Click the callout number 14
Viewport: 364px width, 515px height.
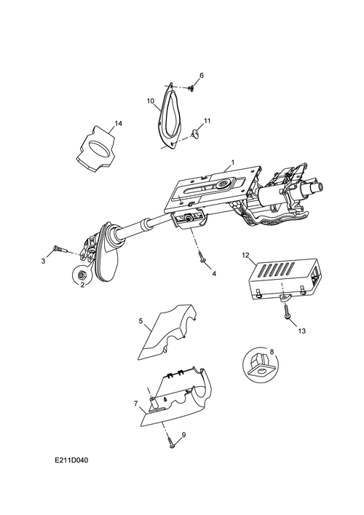click(x=118, y=124)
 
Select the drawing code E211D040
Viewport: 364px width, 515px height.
click(x=71, y=460)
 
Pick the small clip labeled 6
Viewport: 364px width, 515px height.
click(x=191, y=88)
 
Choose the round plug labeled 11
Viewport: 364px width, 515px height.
click(x=194, y=133)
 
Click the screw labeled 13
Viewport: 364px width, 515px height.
click(x=287, y=311)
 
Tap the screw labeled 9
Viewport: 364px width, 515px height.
click(x=170, y=441)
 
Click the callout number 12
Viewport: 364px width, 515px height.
click(x=245, y=254)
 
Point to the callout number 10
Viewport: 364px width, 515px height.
click(x=150, y=101)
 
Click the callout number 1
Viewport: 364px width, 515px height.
click(x=233, y=162)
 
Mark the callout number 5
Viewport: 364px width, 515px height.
click(x=141, y=321)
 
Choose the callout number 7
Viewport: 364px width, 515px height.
click(x=136, y=404)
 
